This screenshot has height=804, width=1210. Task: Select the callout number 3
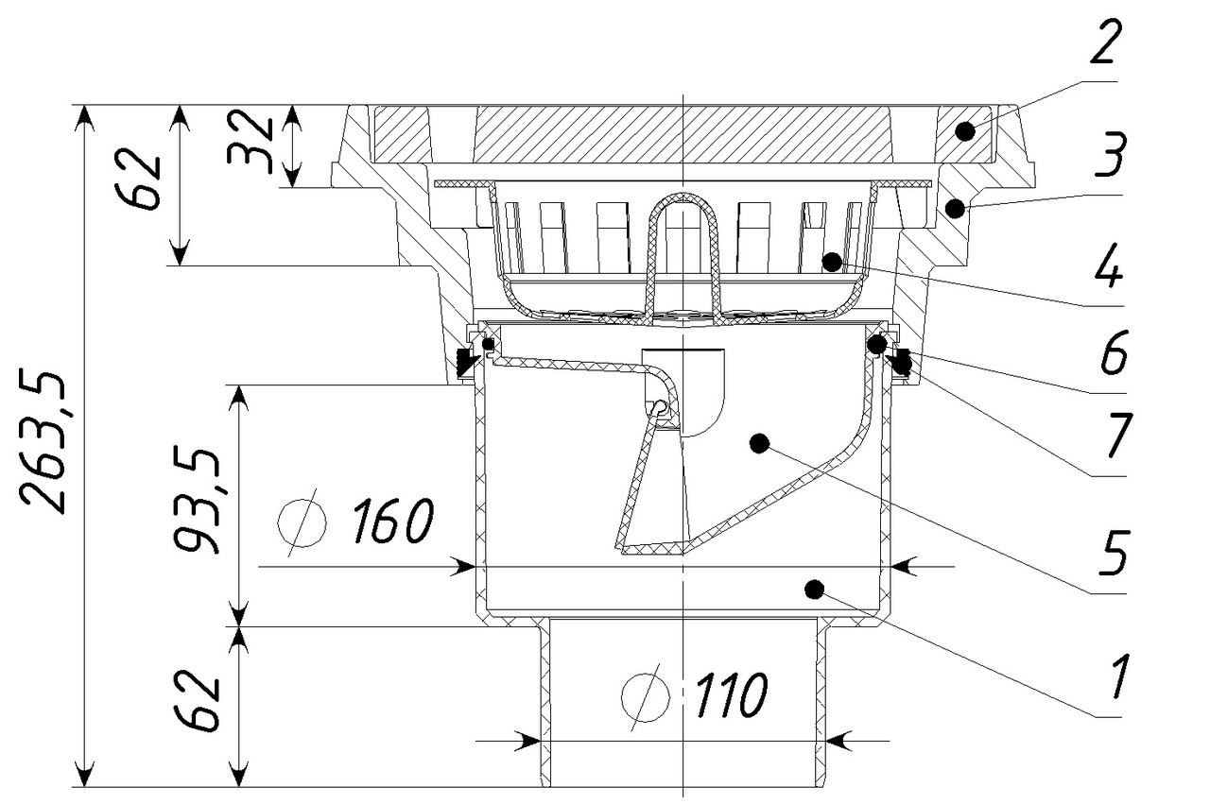[x=1102, y=155]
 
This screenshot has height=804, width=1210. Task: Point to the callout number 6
[x=1109, y=356]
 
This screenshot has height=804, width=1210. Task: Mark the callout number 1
[x=1115, y=677]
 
